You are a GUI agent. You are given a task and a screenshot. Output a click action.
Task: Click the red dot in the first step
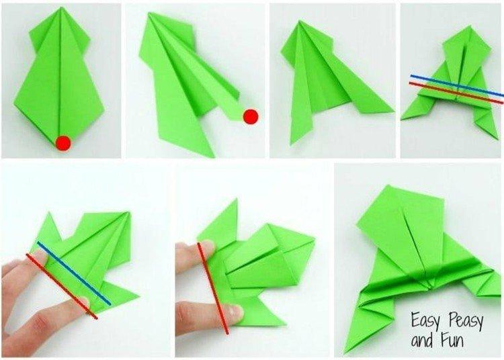64,142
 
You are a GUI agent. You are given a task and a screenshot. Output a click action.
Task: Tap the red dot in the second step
251,117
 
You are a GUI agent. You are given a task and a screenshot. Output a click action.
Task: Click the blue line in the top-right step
457,84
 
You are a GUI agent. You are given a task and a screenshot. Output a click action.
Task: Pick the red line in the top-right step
457,91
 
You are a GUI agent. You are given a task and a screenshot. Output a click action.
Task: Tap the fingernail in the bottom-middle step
233,311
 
